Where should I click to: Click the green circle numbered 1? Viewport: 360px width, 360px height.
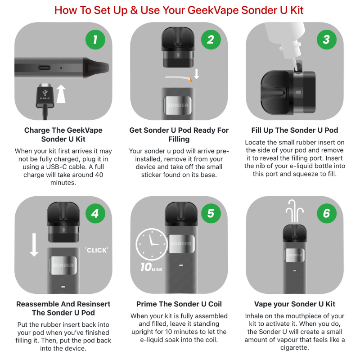click(x=95, y=40)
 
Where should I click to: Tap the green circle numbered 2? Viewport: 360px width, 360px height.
click(x=211, y=40)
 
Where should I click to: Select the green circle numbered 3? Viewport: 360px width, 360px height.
click(x=326, y=40)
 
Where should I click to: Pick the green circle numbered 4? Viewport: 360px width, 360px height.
click(x=95, y=213)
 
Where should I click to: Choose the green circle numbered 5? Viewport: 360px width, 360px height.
click(x=211, y=213)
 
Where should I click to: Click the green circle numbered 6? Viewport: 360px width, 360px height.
click(x=326, y=213)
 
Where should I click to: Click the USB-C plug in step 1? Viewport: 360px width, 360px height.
click(x=45, y=94)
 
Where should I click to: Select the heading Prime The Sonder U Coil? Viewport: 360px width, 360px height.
click(x=179, y=304)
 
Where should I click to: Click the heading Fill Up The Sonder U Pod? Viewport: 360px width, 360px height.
click(x=295, y=130)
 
